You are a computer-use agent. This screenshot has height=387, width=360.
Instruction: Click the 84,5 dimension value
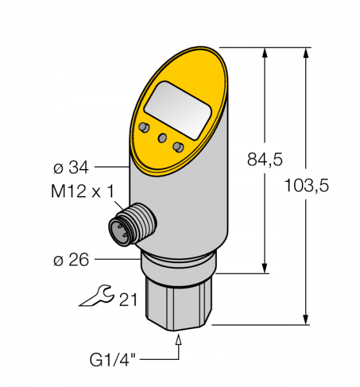(265, 159)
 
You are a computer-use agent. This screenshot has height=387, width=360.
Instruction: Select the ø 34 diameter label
(71, 168)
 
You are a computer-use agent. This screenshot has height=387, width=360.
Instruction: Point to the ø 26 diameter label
(71, 260)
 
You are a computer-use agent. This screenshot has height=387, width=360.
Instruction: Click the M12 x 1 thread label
(83, 192)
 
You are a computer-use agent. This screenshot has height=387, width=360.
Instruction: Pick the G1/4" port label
(113, 360)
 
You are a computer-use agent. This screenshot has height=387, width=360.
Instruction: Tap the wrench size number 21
(128, 300)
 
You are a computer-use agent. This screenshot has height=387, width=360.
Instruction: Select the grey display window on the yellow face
(177, 110)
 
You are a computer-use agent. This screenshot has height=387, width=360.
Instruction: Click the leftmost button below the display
(145, 127)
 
